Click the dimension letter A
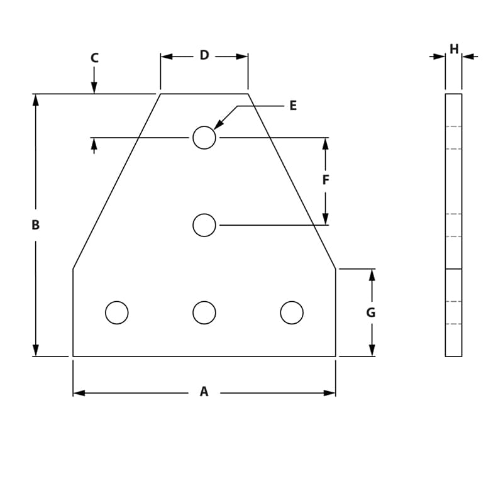pos(204,392)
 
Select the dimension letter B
pos(36,224)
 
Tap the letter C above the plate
pos(94,58)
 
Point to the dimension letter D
pos(204,55)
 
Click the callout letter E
pos(293,106)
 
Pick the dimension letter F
pos(326,180)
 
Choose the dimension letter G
pos(371,312)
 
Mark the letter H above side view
pos(454,48)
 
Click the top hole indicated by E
pos(204,137)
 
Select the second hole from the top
pos(204,225)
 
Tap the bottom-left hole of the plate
pos(117,312)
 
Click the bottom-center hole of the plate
pos(204,312)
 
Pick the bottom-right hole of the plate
pos(292,312)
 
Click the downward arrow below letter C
pos(94,88)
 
